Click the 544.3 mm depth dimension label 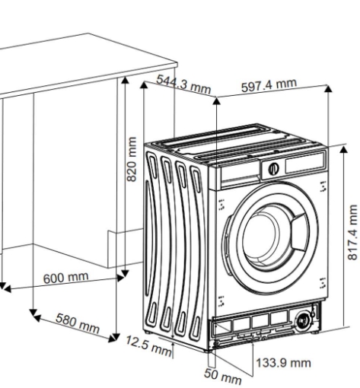pyautogui.click(x=183, y=84)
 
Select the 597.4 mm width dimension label pyautogui.click(x=269, y=85)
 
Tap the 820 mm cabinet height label pyautogui.click(x=132, y=159)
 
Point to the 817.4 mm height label pyautogui.click(x=352, y=232)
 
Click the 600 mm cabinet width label pyautogui.click(x=66, y=278)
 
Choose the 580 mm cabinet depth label pyautogui.click(x=78, y=323)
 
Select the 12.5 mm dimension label pyautogui.click(x=148, y=345)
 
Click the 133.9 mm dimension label pyautogui.click(x=283, y=363)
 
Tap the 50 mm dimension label pyautogui.click(x=223, y=377)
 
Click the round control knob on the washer pyautogui.click(x=273, y=169)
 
